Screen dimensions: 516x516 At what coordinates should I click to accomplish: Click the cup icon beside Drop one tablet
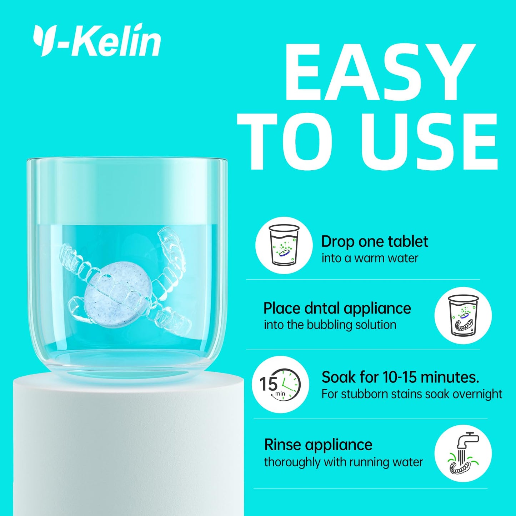(x=284, y=245)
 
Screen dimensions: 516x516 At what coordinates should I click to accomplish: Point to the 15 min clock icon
(x=281, y=385)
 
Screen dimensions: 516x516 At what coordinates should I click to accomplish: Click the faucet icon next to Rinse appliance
(x=463, y=457)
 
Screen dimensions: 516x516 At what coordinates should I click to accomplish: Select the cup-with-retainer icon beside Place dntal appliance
(x=463, y=315)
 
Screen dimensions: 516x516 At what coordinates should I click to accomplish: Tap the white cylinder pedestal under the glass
(x=129, y=450)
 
